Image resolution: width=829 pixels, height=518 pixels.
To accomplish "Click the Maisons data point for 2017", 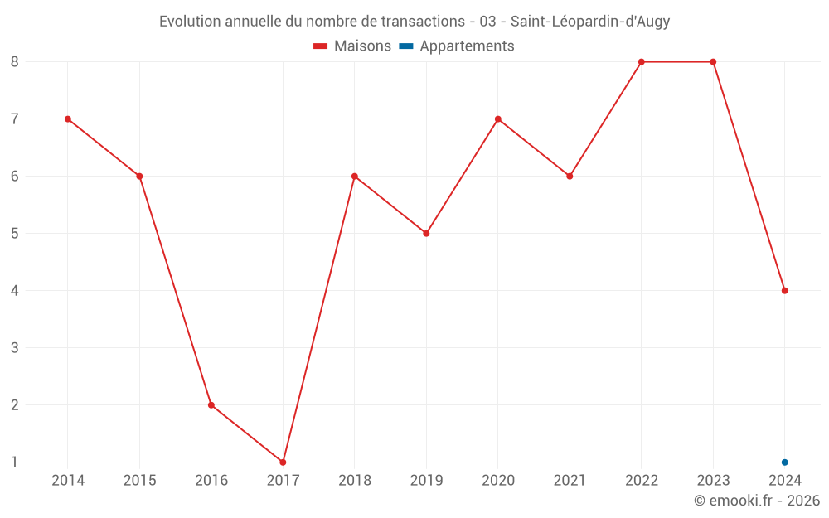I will pos(283,462).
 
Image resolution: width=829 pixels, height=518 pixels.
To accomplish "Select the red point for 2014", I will pos(68,119).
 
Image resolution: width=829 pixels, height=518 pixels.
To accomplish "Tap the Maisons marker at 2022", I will pos(642,61).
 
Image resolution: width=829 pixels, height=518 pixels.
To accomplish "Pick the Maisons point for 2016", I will pos(211,404).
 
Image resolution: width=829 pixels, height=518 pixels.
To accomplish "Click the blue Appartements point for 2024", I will pos(784,462).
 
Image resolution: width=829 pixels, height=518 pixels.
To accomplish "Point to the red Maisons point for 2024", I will pos(784,290).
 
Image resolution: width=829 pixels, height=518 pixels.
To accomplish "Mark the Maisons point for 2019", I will pos(426,233).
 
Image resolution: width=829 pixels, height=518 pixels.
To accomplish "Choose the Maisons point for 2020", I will pos(498,119).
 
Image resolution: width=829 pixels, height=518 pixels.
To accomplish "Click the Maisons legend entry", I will pos(352,46).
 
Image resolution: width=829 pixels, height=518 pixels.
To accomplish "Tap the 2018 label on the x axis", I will pos(355,481).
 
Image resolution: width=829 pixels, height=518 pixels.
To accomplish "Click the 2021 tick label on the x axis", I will pos(570,481).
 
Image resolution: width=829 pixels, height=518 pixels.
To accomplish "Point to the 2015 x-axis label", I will pos(139,481).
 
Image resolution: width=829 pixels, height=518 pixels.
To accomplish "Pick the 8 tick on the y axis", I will pos(15,61).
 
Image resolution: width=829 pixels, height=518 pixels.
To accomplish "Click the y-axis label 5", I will pos(15,233).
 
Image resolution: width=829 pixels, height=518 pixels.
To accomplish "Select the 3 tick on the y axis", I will pos(15,347).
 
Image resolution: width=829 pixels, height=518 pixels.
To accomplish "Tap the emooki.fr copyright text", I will pos(756,501).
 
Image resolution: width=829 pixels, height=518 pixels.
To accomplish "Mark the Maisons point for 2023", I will pos(713,61).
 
